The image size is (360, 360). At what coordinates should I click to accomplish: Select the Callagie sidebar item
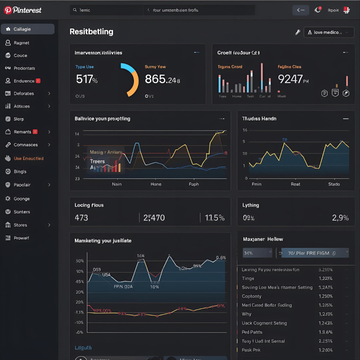pyautogui.click(x=22, y=29)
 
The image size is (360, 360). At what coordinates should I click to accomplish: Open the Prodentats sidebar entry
pyautogui.click(x=24, y=68)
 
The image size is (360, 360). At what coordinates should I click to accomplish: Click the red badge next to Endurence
pyautogui.click(x=38, y=81)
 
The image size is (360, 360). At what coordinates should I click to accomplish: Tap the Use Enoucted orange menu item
pyautogui.click(x=28, y=159)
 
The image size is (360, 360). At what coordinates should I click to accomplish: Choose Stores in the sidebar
pyautogui.click(x=20, y=225)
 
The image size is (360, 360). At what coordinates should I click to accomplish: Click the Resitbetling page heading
pyautogui.click(x=91, y=32)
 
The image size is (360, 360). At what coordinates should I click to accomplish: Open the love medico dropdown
pyautogui.click(x=329, y=32)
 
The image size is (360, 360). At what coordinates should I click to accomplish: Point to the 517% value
pyautogui.click(x=87, y=79)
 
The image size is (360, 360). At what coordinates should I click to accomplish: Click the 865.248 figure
pyautogui.click(x=162, y=79)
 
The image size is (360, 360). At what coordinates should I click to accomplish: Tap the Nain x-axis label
pyautogui.click(x=117, y=184)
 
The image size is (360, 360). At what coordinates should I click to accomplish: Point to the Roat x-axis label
pyautogui.click(x=295, y=184)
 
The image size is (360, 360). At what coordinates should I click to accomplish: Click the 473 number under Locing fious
pyautogui.click(x=81, y=218)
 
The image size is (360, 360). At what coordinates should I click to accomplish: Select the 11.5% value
pyautogui.click(x=214, y=218)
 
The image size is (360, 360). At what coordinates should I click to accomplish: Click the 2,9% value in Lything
pyautogui.click(x=340, y=218)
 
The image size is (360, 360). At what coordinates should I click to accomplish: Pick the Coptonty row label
pyautogui.click(x=252, y=296)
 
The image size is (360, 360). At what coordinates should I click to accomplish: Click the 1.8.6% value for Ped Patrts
pyautogui.click(x=325, y=332)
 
